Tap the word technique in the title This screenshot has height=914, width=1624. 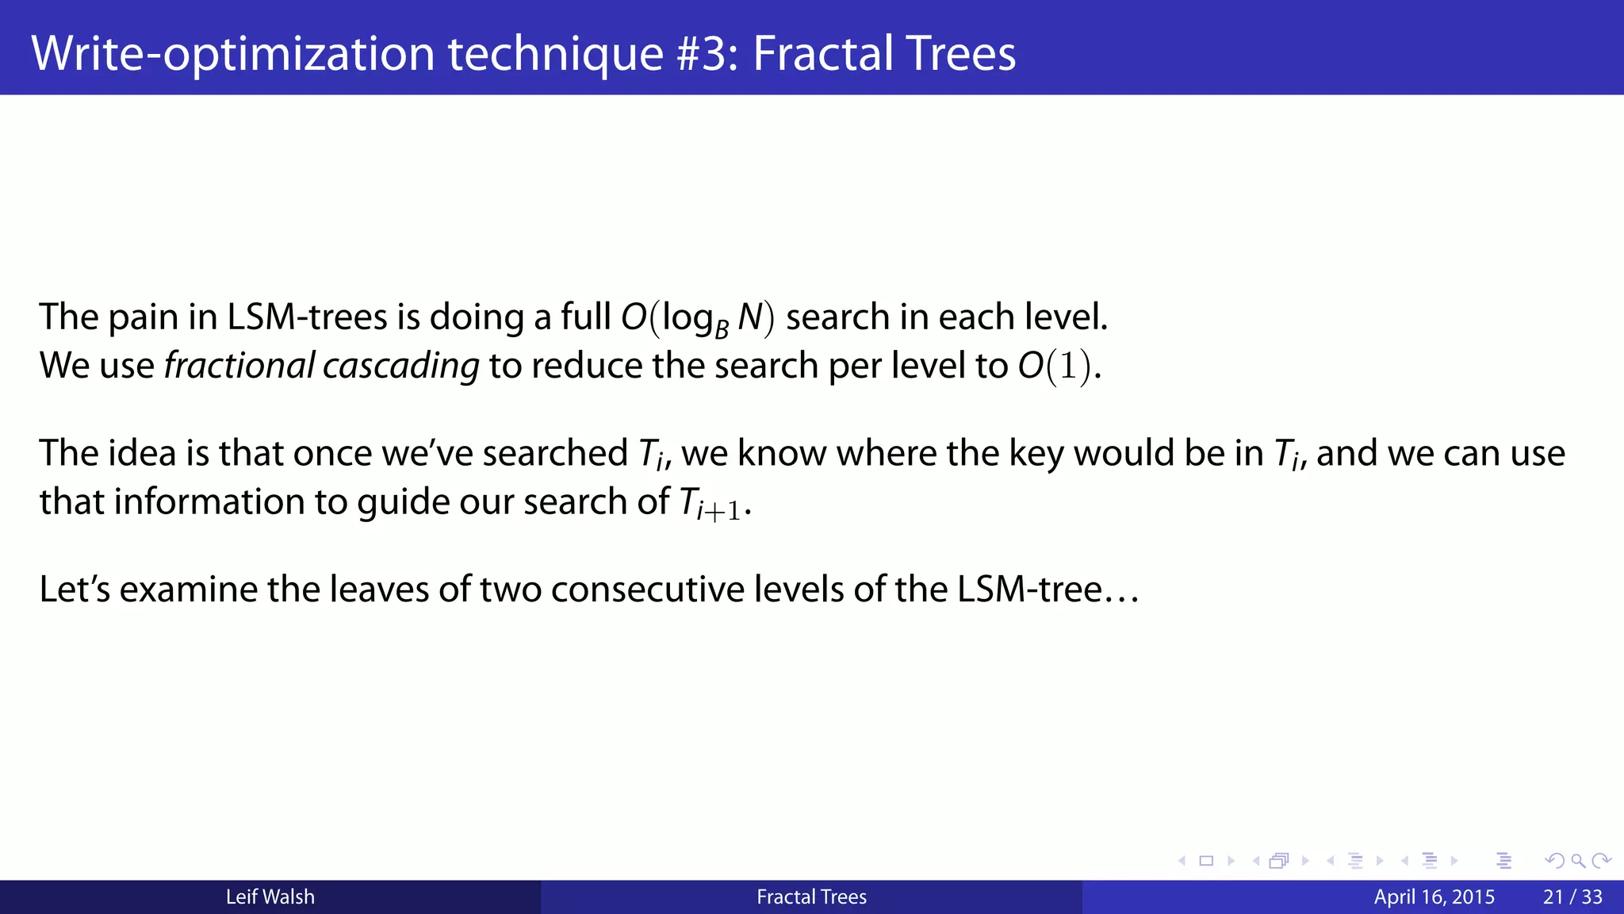pos(555,53)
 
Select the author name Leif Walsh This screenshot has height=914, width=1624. pos(270,897)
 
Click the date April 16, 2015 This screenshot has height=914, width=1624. pos(1434,897)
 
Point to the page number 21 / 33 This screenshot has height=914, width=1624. pos(1572,897)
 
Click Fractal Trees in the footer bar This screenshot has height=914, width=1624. pos(811,897)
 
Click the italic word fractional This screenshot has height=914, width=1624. pos(239,366)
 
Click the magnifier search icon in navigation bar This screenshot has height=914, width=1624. pos(1578,861)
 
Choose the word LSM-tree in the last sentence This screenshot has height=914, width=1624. pos(1030,589)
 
